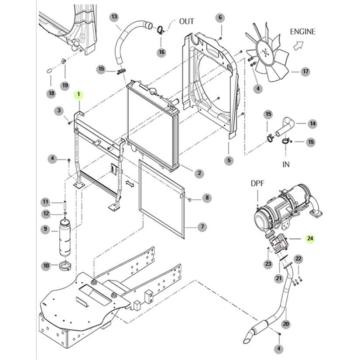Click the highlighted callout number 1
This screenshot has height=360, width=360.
coord(79,94)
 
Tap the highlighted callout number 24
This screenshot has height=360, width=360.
coord(310,238)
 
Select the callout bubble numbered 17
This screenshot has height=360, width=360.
coord(305,72)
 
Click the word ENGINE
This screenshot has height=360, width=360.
coord(303,32)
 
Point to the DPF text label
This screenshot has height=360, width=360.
coord(257,183)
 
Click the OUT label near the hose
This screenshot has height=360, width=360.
coord(186,21)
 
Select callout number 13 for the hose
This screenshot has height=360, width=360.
coord(114,17)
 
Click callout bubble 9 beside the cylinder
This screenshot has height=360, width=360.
coord(45,228)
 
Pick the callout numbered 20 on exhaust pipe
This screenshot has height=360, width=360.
coord(286,324)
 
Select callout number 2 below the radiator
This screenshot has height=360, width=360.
coord(199,173)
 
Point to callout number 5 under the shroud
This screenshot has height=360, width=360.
coord(229,161)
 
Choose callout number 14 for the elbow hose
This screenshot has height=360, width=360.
coord(312,124)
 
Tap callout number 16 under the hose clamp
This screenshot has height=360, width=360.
coord(162,52)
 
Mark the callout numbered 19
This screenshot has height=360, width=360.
coord(65,85)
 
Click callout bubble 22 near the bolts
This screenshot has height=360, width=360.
coord(298,259)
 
